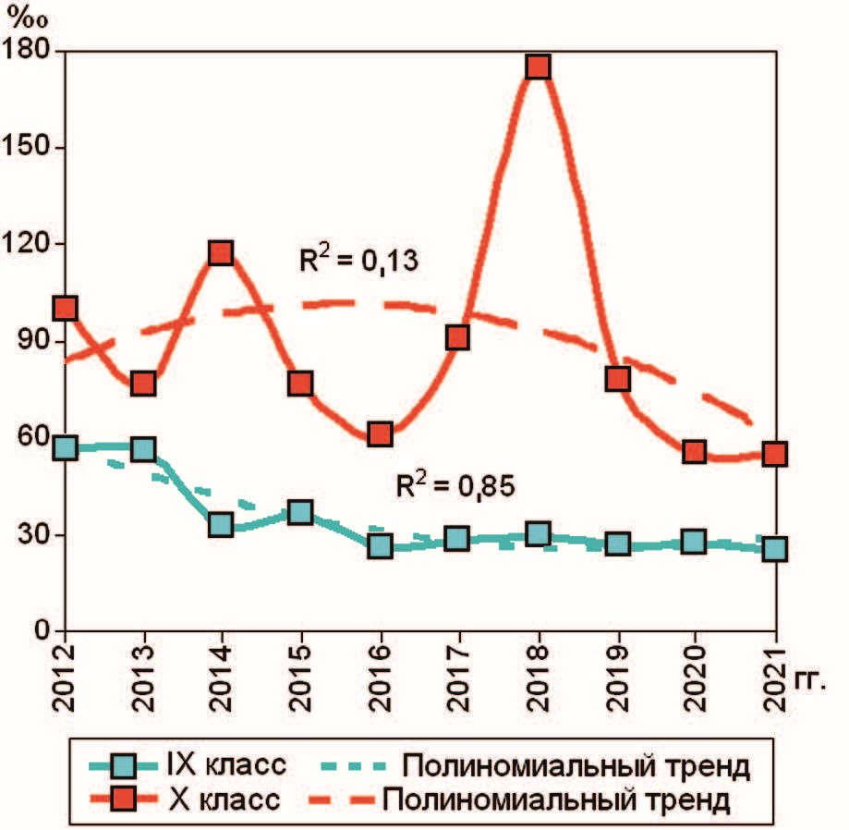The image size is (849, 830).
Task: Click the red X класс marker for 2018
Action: [539, 67]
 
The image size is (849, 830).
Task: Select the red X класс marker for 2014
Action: [220, 252]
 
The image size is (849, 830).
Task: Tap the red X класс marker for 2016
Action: [380, 433]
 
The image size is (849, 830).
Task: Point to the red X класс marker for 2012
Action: [64, 308]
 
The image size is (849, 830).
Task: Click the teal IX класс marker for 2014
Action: [220, 525]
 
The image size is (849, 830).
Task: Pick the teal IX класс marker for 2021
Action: [776, 549]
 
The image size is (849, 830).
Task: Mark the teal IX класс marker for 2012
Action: [64, 448]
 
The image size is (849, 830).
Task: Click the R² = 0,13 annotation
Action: [359, 262]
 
